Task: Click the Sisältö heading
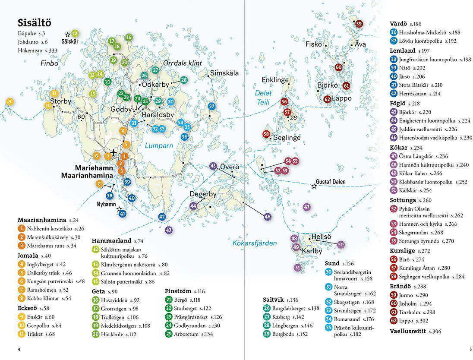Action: (35, 23)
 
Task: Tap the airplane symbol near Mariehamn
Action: (114, 153)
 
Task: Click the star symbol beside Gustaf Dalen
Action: (314, 186)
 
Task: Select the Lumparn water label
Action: (159, 145)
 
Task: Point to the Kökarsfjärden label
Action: (255, 243)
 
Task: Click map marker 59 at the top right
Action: (359, 24)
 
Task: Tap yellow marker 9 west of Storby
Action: (9, 102)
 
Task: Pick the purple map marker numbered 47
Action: (307, 207)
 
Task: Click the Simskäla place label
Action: (224, 73)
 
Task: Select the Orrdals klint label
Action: (183, 63)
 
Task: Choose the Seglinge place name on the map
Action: (287, 138)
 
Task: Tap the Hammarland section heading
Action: (112, 241)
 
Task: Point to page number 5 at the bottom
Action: (470, 350)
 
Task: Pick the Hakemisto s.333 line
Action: (38, 51)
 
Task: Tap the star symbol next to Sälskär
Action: (68, 35)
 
